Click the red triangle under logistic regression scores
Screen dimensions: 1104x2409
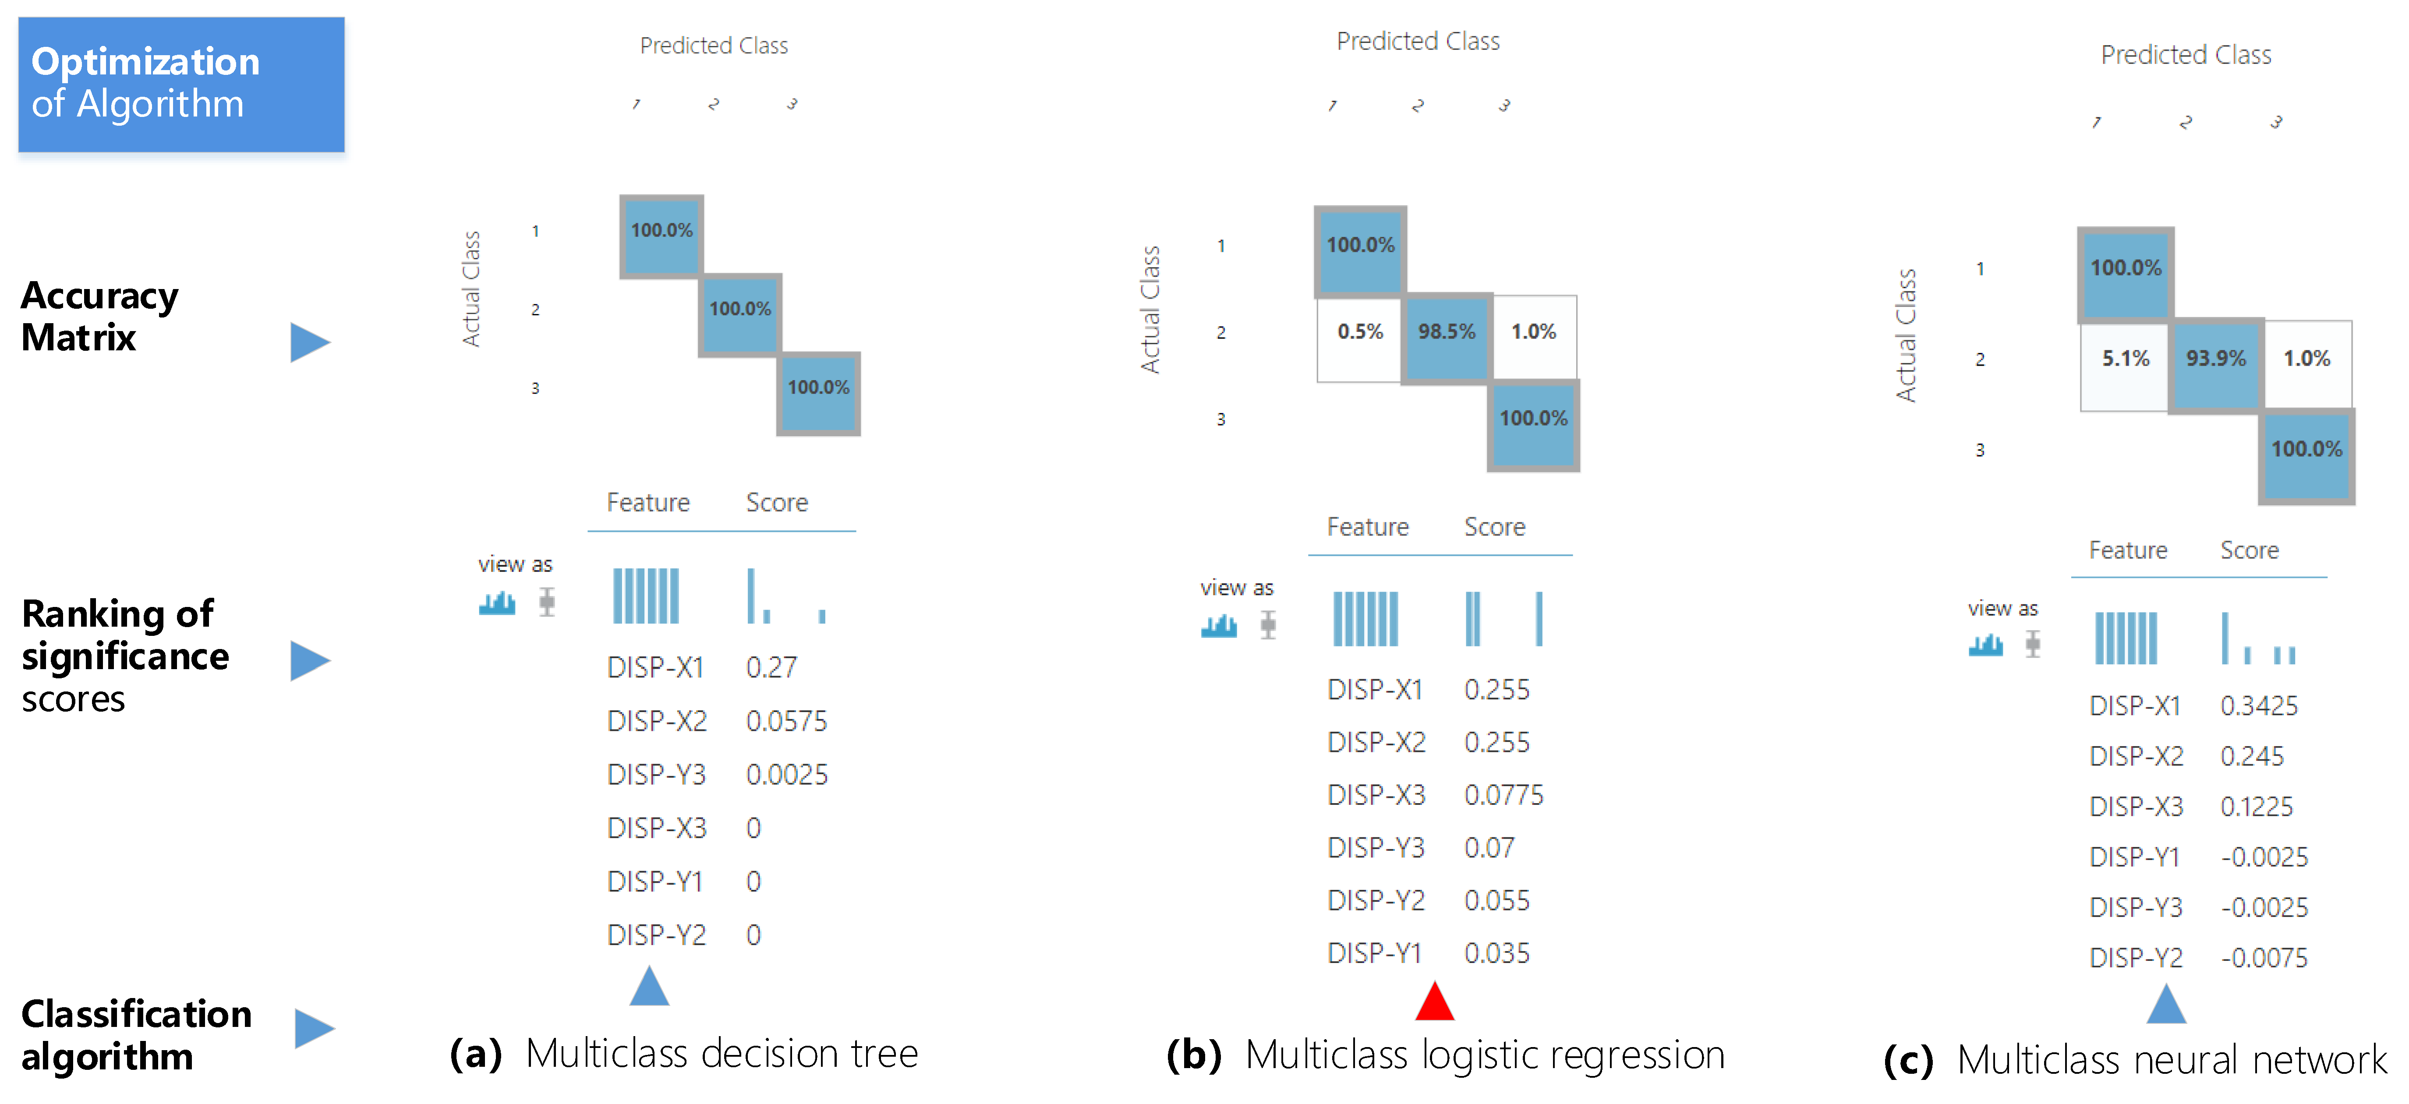[x=1435, y=1002]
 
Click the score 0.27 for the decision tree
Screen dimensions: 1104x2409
[x=771, y=667]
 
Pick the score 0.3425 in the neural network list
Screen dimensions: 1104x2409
[x=2258, y=706]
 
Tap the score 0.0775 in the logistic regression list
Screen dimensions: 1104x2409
[x=1503, y=796]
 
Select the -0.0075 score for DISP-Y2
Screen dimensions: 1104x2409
[x=2264, y=958]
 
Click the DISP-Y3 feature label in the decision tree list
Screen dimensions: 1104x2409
[x=657, y=775]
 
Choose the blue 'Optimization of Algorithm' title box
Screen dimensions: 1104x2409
[x=181, y=84]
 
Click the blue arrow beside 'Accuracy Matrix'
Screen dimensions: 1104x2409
[x=310, y=342]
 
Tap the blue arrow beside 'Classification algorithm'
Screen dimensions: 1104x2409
[x=314, y=1028]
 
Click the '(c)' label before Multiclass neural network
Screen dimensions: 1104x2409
[x=1908, y=1060]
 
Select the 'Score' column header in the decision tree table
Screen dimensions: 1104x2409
[x=776, y=503]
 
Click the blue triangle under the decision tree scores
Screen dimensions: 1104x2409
[x=649, y=987]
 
